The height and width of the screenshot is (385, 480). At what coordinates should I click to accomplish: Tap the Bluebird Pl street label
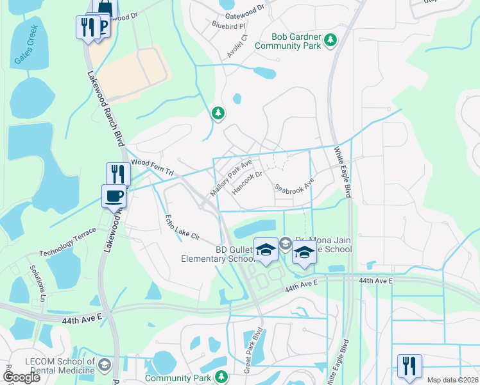(229, 26)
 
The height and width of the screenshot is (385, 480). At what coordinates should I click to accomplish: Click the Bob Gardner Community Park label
(287, 41)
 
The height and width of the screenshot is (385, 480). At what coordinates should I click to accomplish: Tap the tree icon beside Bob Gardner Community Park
(330, 40)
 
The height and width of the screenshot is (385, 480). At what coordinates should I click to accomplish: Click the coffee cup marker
(114, 195)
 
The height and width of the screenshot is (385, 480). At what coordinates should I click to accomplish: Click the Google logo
(22, 377)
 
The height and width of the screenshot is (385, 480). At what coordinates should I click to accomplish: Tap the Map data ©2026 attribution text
(452, 380)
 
